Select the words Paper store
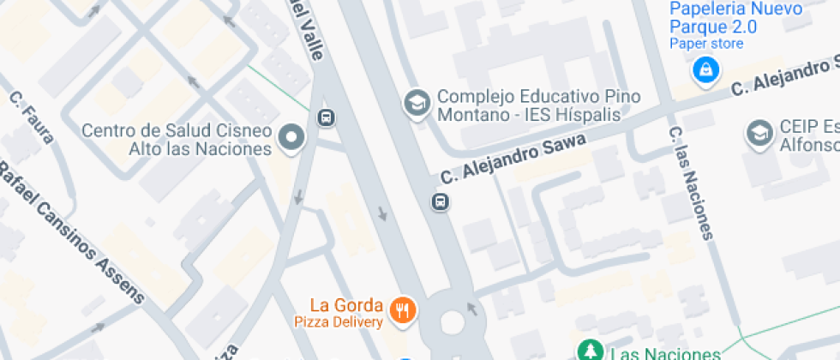706,43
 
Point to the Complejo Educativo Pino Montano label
538,105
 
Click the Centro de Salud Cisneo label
177,140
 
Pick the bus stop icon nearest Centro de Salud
326,117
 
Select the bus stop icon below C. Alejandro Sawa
439,202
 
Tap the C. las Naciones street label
690,182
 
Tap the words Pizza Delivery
338,322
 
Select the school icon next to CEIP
759,132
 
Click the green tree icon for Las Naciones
589,351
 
